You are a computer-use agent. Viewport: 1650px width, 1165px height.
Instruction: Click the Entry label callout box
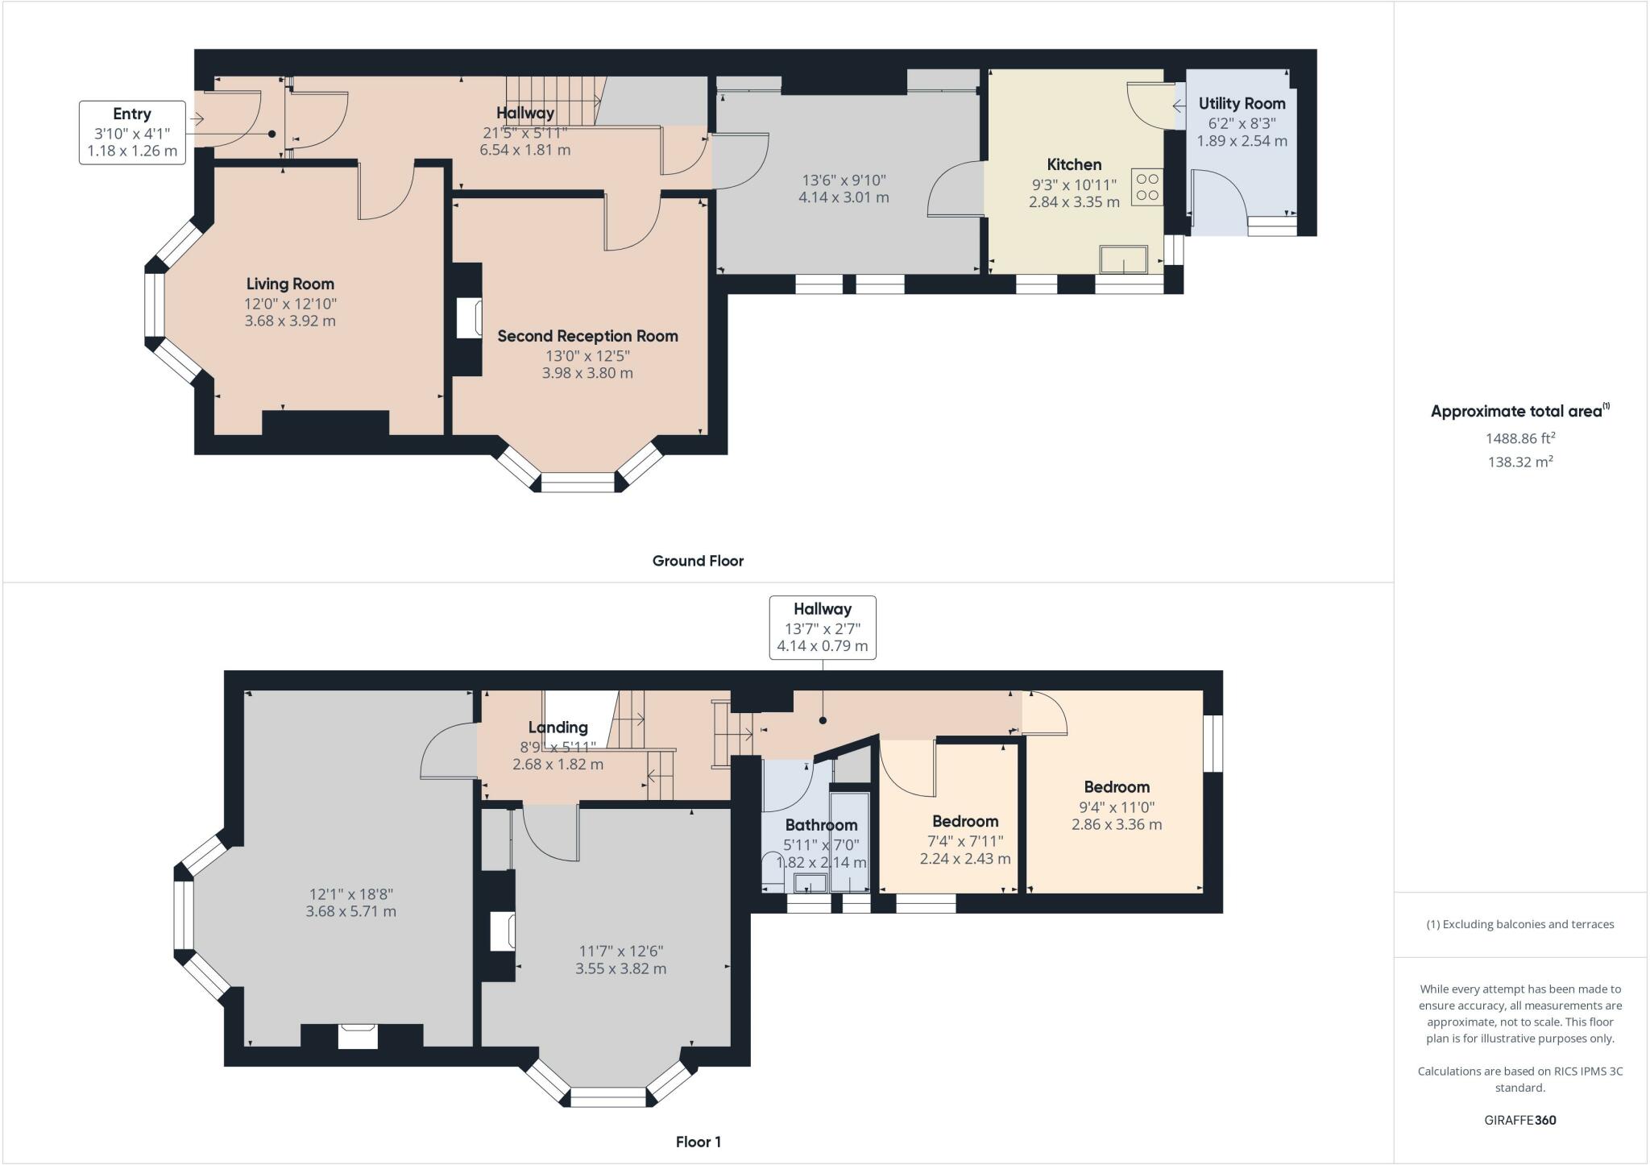coord(132,133)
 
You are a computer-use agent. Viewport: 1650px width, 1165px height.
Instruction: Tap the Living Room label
coord(290,284)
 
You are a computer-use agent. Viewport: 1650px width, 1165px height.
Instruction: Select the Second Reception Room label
coord(587,336)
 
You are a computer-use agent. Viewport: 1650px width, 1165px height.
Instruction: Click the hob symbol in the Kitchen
coord(1147,187)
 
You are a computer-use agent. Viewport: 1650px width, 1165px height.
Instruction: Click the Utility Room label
coord(1242,104)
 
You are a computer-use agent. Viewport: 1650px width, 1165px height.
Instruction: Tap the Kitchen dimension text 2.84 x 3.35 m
coord(1074,202)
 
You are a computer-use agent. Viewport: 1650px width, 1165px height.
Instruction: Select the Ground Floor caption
coord(698,561)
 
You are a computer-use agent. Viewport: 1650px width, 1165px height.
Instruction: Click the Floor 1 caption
coord(698,1142)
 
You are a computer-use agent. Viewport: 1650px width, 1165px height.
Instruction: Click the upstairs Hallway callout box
coord(823,628)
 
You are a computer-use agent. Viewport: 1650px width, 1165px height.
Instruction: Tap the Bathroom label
coord(821,825)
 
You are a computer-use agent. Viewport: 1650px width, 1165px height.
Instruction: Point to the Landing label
coord(558,728)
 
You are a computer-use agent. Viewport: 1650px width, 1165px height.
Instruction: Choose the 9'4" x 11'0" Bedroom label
coord(1117,787)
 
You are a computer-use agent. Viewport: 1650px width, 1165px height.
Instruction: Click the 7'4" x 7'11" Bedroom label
coord(965,822)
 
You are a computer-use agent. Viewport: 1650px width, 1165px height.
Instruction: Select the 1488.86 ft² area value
coord(1520,438)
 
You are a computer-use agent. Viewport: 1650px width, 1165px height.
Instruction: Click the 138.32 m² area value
coord(1520,462)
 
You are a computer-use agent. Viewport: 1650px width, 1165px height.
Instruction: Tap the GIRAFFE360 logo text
coord(1520,1120)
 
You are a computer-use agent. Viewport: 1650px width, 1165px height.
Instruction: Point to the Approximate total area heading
coord(1520,411)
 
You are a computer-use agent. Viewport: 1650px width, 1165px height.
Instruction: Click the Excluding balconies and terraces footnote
coord(1520,924)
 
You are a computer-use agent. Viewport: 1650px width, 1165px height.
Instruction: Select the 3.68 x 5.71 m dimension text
coord(350,912)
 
